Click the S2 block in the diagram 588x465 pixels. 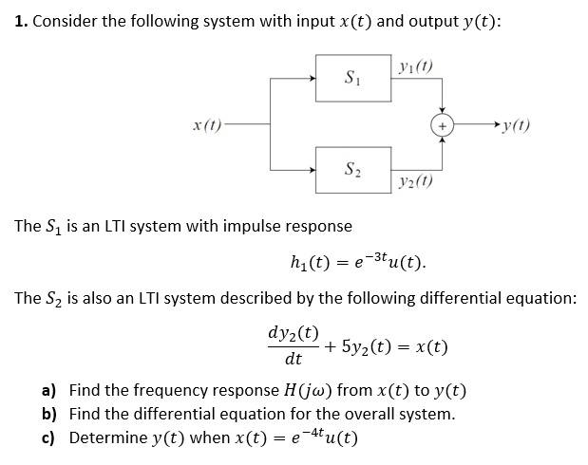353,170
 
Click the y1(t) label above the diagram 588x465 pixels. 415,67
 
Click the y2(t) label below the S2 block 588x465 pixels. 417,180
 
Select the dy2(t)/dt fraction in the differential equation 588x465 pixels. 294,345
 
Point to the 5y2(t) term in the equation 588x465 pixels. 375,346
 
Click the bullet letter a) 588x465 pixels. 48,391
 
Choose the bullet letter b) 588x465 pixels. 48,415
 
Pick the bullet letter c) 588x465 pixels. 48,438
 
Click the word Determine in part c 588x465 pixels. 106,438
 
